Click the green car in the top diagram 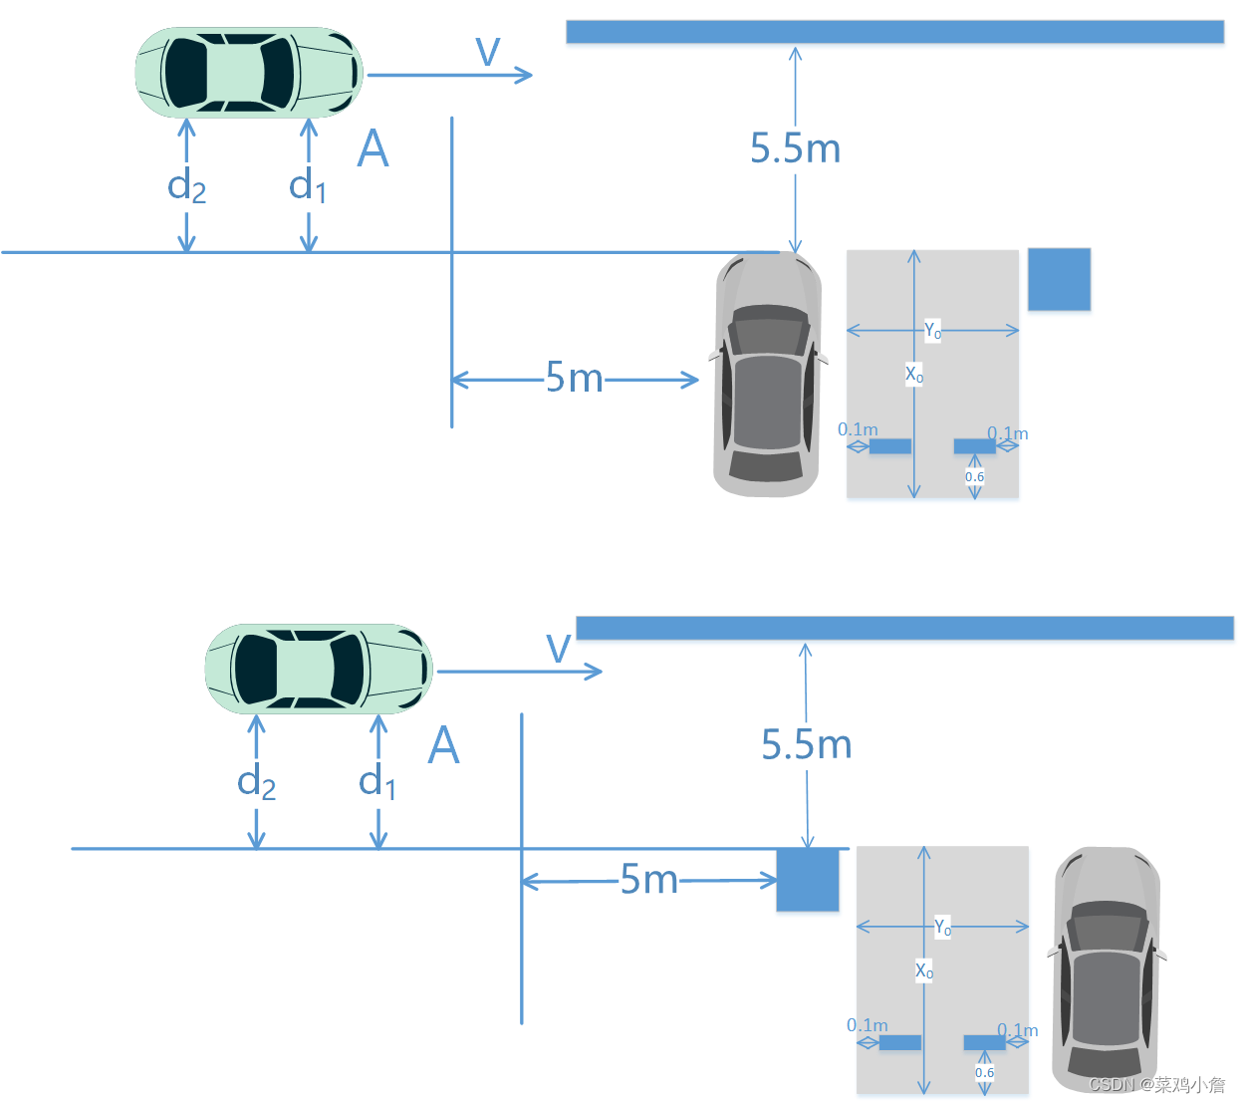pyautogui.click(x=249, y=73)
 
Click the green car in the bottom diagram pyautogui.click(x=319, y=670)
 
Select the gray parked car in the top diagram pyautogui.click(x=767, y=375)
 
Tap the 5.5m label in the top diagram pyautogui.click(x=795, y=149)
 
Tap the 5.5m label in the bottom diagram pyautogui.click(x=807, y=745)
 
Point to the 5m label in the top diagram pyautogui.click(x=575, y=379)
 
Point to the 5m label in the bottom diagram pyautogui.click(x=648, y=880)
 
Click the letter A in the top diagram pyautogui.click(x=372, y=149)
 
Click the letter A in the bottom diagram pyautogui.click(x=443, y=745)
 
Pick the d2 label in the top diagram pyautogui.click(x=187, y=186)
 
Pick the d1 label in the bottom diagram pyautogui.click(x=377, y=782)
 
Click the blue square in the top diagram pyautogui.click(x=1059, y=279)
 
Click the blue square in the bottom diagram pyautogui.click(x=808, y=879)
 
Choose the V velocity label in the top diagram pyautogui.click(x=488, y=52)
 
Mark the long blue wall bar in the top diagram pyautogui.click(x=894, y=32)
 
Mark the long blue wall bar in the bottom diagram pyautogui.click(x=904, y=628)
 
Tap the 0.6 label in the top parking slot pyautogui.click(x=974, y=477)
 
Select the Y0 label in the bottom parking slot pyautogui.click(x=942, y=928)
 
